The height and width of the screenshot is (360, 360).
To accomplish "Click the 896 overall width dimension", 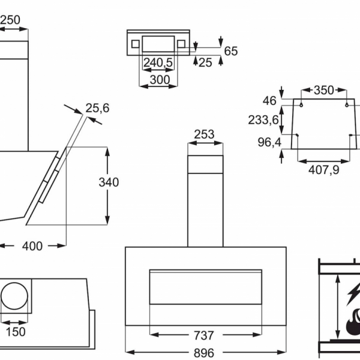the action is [204, 353].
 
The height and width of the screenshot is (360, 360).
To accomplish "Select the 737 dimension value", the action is [204, 335].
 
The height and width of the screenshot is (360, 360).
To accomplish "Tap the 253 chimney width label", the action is [204, 134].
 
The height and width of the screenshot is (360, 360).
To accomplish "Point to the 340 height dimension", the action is [109, 182].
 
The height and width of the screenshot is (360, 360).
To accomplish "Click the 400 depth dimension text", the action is [32, 246].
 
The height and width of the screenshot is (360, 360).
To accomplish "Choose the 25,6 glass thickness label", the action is [98, 108].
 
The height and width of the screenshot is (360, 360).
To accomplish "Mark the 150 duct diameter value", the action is [16, 332].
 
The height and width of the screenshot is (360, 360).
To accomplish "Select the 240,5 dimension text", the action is [158, 62].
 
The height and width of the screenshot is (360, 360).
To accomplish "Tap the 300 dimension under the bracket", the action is [160, 80].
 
